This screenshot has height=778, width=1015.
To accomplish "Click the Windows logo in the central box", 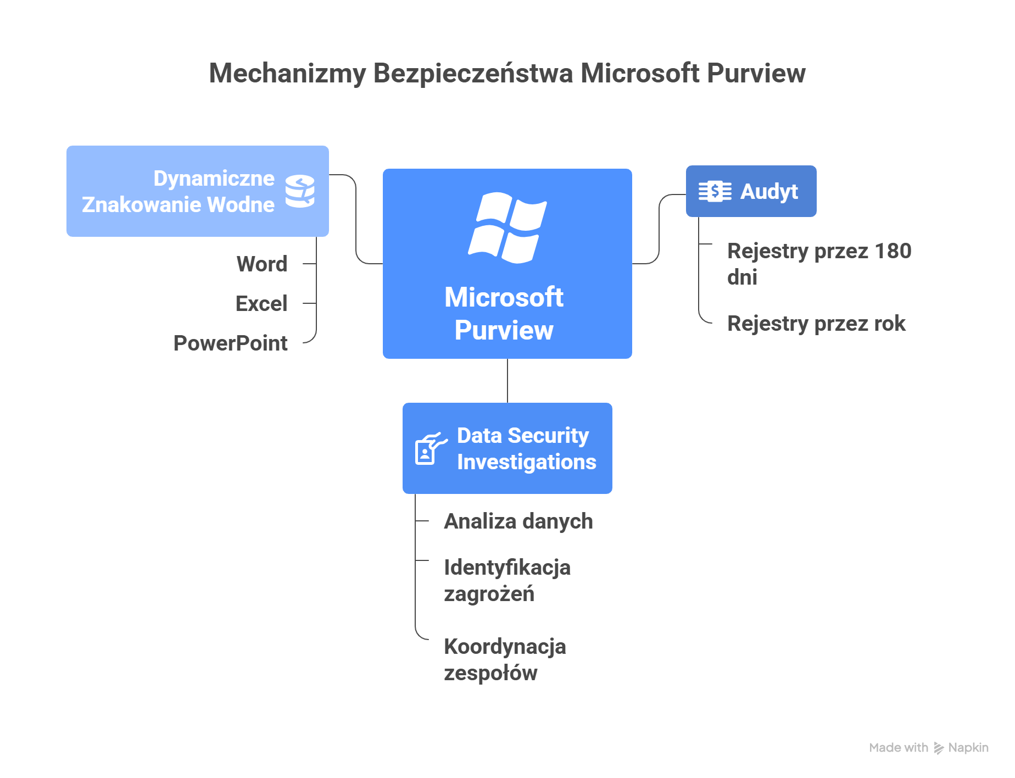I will coord(507,227).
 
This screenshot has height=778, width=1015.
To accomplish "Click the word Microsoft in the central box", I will coord(504,297).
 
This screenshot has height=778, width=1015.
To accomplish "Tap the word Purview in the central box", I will coord(504,330).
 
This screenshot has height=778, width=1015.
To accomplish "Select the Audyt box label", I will coord(769,191).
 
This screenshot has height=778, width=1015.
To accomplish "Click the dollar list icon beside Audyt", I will coord(715,191).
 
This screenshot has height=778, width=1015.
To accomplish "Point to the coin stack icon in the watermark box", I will coord(300,191).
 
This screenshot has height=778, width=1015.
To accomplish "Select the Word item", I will coord(262,264).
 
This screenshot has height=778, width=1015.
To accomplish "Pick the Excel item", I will coord(261,303).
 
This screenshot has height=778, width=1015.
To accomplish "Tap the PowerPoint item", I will coord(231,343).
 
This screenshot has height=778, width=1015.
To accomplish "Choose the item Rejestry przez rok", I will coord(816,323).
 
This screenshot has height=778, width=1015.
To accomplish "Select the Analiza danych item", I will coord(518,521).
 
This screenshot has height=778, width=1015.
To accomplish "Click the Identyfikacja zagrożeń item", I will coord(507,580).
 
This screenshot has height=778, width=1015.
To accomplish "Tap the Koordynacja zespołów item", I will coord(505,659).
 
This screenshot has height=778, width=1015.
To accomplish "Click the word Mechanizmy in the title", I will coord(287,73).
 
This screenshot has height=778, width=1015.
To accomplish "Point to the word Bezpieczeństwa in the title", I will coord(473,73).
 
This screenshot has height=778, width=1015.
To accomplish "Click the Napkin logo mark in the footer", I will coord(939,748).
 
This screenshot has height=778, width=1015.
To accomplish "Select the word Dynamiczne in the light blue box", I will coord(214,178).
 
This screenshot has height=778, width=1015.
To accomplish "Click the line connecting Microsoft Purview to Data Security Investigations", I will coord(507,381).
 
